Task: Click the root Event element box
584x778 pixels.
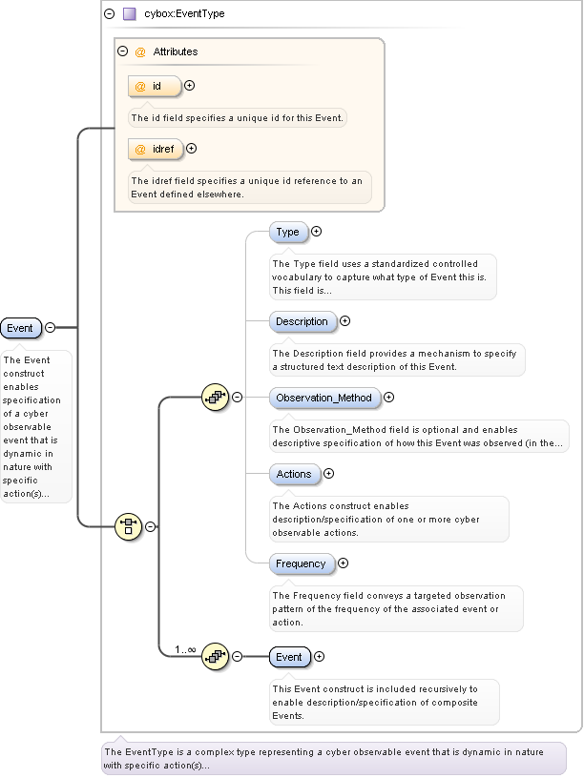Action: tap(20, 328)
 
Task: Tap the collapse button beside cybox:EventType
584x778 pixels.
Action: tap(109, 14)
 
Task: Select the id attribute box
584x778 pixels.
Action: tap(154, 86)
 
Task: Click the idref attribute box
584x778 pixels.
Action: tap(156, 149)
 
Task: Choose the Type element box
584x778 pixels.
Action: tap(287, 232)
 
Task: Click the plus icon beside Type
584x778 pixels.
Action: tap(317, 231)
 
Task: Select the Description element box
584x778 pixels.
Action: tap(302, 321)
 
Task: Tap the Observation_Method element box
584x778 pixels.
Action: tap(324, 398)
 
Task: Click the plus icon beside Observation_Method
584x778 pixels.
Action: tap(388, 398)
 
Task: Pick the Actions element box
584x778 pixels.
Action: tap(293, 474)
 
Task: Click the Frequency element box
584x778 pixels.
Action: tap(301, 563)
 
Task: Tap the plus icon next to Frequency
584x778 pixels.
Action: tap(344, 563)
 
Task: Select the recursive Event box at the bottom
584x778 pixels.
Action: tap(288, 657)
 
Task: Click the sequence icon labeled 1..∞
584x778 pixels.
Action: tap(215, 656)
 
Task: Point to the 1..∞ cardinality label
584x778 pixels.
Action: tap(185, 649)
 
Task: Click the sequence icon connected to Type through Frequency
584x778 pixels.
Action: tap(215, 397)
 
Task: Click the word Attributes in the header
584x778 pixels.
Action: tap(176, 51)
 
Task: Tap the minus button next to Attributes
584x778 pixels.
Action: tap(122, 51)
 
